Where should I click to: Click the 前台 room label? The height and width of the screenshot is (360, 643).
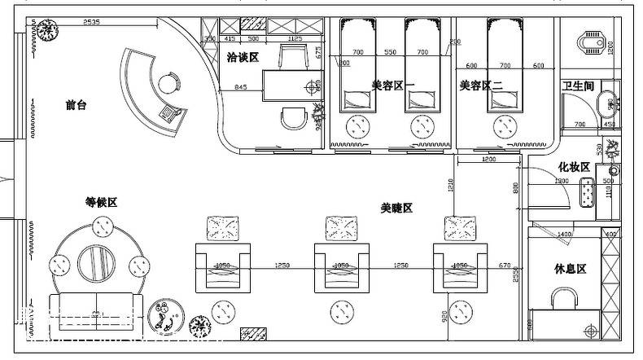point(77,105)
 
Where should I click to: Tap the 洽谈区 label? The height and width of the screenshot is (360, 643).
point(242,58)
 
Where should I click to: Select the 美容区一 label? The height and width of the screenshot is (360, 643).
point(393,85)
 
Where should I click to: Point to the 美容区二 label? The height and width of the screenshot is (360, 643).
point(481,85)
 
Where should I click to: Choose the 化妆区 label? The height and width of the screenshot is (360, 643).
point(573,167)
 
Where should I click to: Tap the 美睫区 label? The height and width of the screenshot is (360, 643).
point(396,209)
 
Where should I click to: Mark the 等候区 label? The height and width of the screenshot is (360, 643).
point(101,202)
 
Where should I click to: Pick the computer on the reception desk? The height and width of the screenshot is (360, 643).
point(170,113)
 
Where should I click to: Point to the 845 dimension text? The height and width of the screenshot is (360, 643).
point(242,87)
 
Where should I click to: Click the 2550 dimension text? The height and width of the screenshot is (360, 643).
point(516,277)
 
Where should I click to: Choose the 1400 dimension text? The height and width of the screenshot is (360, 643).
point(587,234)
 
